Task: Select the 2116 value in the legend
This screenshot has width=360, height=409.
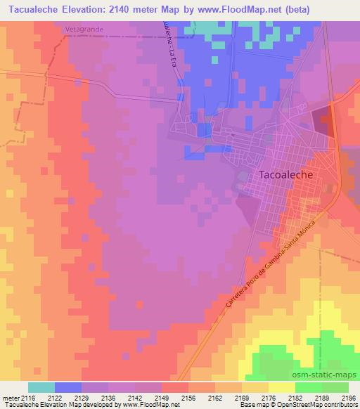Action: point(28,398)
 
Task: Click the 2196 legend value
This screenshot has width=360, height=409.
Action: point(349,398)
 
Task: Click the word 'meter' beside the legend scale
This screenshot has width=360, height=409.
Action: point(10,398)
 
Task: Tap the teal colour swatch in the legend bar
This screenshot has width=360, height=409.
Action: point(41,387)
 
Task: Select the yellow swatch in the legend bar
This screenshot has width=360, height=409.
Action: point(282,387)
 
